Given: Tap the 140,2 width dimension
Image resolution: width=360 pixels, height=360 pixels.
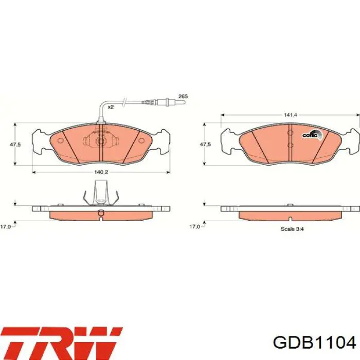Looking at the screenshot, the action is [101, 172].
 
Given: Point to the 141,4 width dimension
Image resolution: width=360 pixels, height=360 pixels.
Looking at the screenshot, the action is [291, 115].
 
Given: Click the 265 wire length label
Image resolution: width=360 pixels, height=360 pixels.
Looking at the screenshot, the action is [183, 96].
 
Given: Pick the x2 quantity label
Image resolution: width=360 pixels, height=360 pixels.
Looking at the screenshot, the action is [111, 107].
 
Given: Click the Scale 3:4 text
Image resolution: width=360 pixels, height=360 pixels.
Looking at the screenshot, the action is [292, 229].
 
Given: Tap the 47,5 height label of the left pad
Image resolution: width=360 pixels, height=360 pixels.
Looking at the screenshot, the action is [15, 145].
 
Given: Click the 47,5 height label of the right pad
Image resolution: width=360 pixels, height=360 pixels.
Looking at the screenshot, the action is [205, 145].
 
